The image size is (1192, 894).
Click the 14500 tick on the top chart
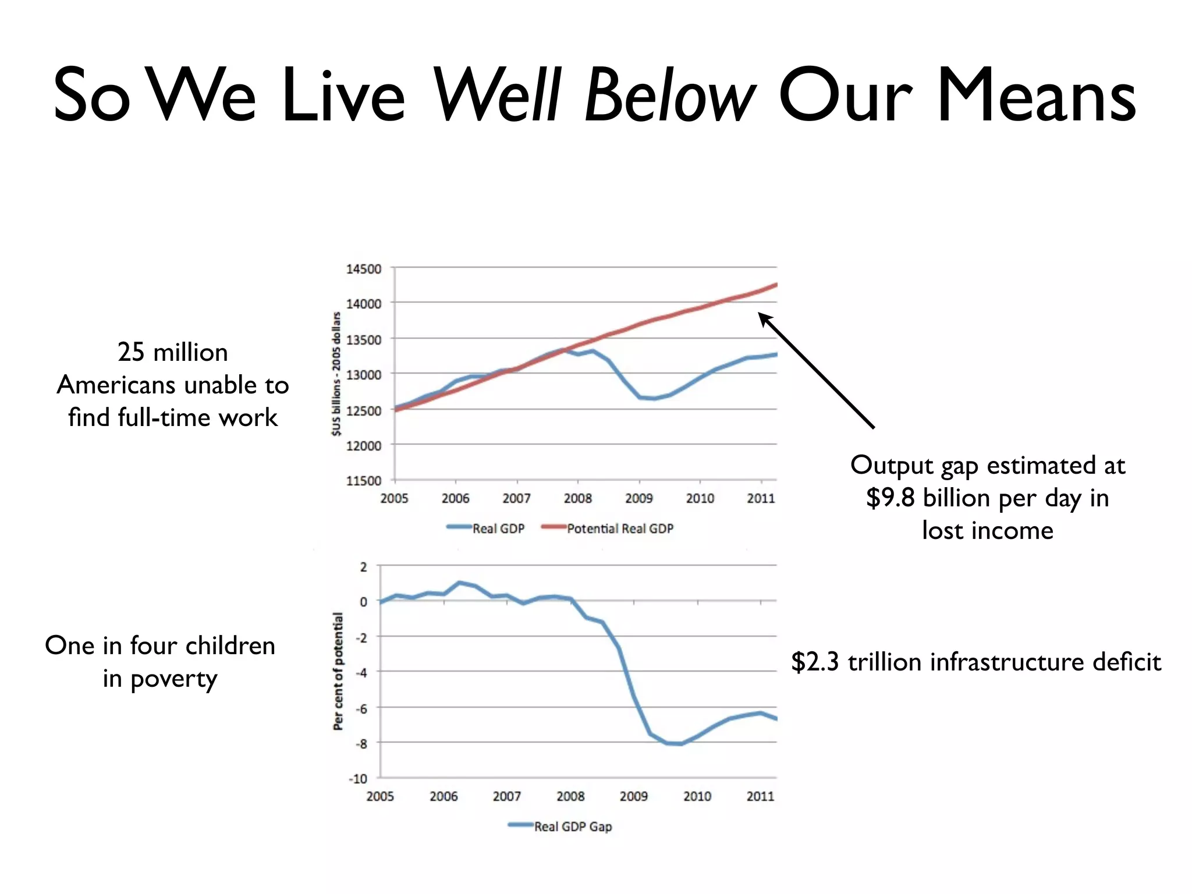(364, 269)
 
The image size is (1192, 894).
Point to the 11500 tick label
(364, 481)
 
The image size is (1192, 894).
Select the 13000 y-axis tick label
(364, 375)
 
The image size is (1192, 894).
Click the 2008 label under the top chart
(577, 498)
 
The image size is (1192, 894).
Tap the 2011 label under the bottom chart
(760, 796)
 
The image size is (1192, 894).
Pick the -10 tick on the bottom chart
(359, 779)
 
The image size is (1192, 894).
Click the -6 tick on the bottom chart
(361, 708)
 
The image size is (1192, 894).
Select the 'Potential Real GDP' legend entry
(620, 528)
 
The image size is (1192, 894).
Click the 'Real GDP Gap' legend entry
(573, 826)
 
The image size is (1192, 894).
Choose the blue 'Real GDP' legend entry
(498, 528)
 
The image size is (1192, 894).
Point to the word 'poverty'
(174, 679)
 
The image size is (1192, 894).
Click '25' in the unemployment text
(131, 352)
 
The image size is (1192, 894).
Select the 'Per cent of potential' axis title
(338, 670)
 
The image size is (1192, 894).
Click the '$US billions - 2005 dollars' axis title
(336, 374)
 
